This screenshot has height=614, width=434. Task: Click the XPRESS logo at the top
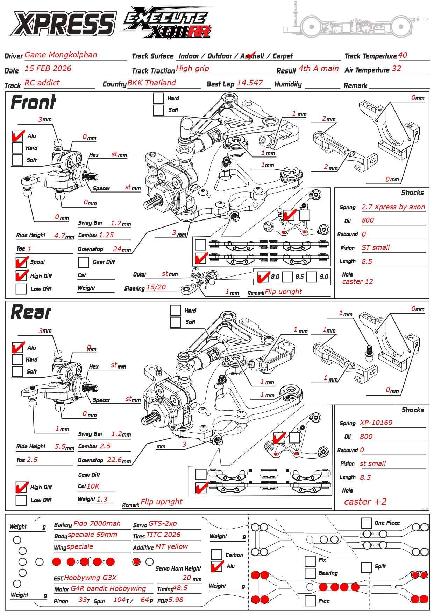63,24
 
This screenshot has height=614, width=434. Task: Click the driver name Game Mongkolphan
61,55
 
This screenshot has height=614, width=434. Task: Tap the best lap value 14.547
250,83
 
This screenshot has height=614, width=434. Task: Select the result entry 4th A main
319,69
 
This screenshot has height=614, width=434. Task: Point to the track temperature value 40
403,55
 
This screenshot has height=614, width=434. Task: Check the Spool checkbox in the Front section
21,262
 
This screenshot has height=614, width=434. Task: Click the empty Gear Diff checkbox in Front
84,262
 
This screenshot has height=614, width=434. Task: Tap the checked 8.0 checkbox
263,277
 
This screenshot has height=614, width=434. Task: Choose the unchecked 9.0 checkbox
312,277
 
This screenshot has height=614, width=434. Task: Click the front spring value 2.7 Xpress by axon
393,207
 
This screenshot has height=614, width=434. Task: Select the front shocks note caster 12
357,281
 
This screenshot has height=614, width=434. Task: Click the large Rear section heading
31,312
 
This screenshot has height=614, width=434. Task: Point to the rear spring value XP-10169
376,423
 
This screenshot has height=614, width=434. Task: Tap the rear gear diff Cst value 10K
93,486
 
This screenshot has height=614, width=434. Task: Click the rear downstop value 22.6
114,460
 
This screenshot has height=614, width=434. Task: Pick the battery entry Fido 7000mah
97,523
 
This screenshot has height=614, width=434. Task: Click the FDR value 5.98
176,600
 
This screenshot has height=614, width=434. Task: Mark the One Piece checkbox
366,523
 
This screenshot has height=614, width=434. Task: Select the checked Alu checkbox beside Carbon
217,566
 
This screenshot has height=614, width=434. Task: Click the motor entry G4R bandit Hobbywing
108,588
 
